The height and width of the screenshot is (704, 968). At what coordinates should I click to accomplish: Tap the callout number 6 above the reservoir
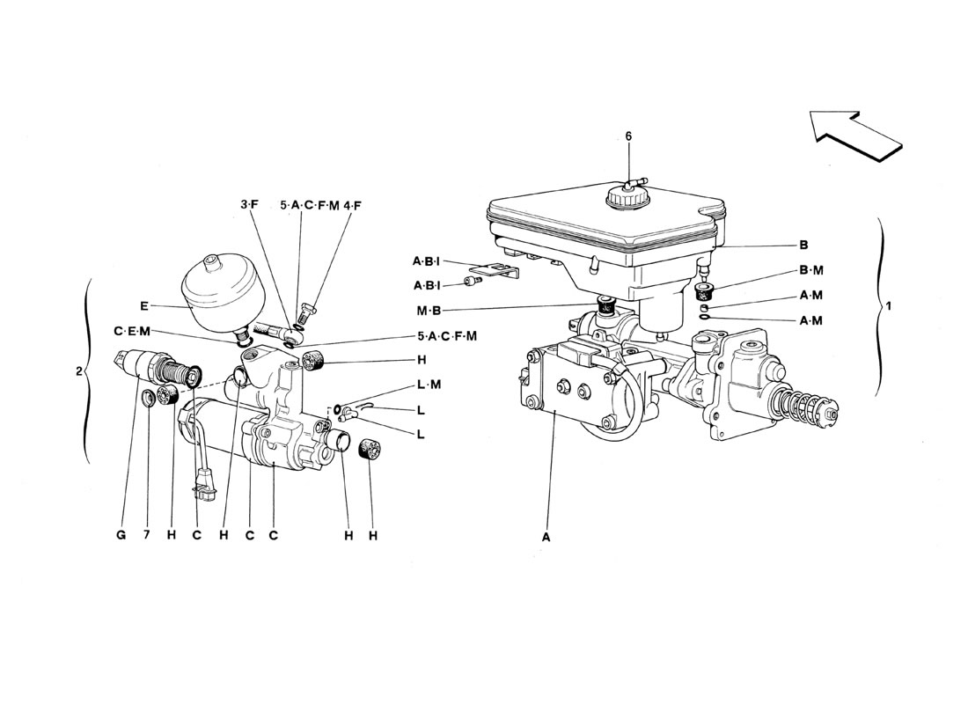(x=628, y=136)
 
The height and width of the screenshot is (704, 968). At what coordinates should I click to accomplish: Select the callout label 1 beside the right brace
(x=889, y=305)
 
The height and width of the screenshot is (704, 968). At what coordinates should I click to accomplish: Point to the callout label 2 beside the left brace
(x=78, y=371)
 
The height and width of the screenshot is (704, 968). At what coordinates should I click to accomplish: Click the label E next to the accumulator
(x=143, y=305)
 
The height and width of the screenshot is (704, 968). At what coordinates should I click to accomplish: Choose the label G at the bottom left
(x=121, y=535)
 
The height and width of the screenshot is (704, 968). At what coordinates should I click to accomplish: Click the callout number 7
(x=146, y=535)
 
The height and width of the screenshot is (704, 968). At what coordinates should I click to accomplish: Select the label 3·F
(x=250, y=205)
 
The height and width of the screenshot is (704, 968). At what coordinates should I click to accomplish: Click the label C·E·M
(x=132, y=332)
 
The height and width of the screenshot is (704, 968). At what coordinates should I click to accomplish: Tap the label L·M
(x=429, y=384)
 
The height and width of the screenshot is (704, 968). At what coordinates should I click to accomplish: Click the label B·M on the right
(x=811, y=270)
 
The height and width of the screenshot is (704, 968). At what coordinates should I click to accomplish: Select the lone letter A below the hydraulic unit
(x=546, y=538)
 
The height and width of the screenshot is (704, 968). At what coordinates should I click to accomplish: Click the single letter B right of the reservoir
(x=803, y=246)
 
